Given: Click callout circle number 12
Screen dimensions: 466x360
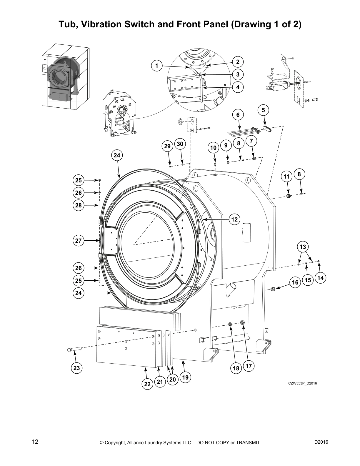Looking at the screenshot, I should [234, 219].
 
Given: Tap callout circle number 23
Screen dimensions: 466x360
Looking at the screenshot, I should [76, 368].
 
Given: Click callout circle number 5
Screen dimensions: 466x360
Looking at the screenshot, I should [263, 110].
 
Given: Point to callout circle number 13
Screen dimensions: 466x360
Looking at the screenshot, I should [303, 247].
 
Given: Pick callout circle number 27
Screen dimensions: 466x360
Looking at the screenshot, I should [78, 241].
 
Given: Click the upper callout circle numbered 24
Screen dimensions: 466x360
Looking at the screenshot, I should [117, 155].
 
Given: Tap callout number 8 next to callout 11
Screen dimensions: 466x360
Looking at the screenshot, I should [299, 174].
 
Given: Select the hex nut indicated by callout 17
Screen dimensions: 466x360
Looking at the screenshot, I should [242, 323].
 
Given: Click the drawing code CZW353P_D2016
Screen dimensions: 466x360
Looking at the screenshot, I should [302, 383].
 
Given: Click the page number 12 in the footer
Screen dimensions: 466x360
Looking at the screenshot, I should [35, 442].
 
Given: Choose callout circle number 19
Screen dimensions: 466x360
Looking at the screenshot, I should [185, 377].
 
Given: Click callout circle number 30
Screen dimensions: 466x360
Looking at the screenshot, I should [180, 144].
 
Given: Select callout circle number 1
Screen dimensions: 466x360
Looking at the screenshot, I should [157, 66].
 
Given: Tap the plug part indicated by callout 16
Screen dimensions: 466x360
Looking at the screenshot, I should [273, 289].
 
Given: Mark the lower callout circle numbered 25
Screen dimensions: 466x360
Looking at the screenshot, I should [78, 281].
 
